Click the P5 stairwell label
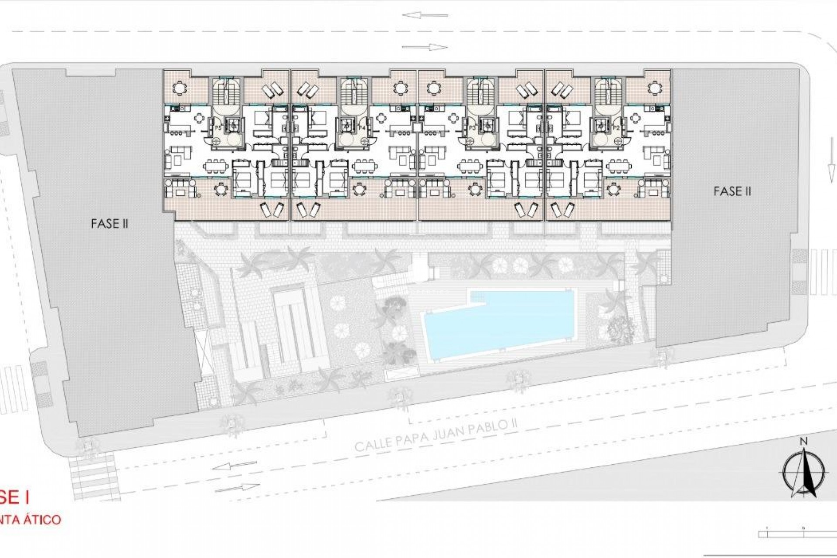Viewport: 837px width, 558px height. click(217, 128)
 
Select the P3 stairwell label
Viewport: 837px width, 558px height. click(472, 128)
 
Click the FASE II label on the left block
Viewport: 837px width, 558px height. click(109, 224)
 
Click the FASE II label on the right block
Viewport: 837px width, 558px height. click(732, 191)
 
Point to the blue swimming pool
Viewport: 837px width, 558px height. click(497, 323)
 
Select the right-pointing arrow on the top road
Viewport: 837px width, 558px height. click(425, 47)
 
